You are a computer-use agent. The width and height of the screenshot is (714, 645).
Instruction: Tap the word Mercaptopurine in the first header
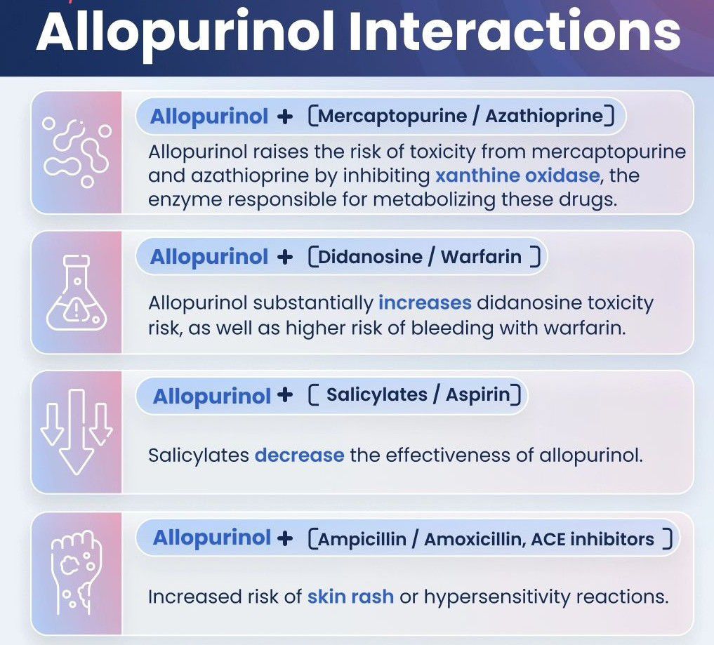click(x=392, y=117)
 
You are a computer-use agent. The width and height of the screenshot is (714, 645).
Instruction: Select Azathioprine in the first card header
click(x=544, y=117)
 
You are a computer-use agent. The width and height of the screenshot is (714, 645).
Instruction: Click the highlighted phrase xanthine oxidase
click(x=517, y=175)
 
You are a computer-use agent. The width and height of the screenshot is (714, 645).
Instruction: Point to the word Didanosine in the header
click(x=370, y=257)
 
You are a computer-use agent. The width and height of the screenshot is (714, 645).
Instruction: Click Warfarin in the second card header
click(x=481, y=257)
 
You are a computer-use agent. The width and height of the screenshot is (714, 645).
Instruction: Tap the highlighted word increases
click(x=425, y=302)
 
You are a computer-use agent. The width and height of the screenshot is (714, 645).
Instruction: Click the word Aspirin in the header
click(x=478, y=394)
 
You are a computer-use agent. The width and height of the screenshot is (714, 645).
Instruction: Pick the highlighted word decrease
click(x=299, y=456)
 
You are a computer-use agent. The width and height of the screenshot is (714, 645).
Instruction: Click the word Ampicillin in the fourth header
click(x=362, y=540)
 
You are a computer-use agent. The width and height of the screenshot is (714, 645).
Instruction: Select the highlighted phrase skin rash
click(x=350, y=597)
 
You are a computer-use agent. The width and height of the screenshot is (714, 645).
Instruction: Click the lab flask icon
click(x=77, y=292)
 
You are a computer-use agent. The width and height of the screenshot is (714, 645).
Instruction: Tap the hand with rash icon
click(x=77, y=572)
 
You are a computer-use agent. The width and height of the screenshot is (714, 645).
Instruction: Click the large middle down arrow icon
click(x=77, y=432)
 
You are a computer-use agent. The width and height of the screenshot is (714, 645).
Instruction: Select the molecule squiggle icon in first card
click(x=77, y=152)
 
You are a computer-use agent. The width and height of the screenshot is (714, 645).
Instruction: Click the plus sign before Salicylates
click(x=285, y=394)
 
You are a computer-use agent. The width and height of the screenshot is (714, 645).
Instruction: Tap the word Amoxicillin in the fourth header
click(x=475, y=540)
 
